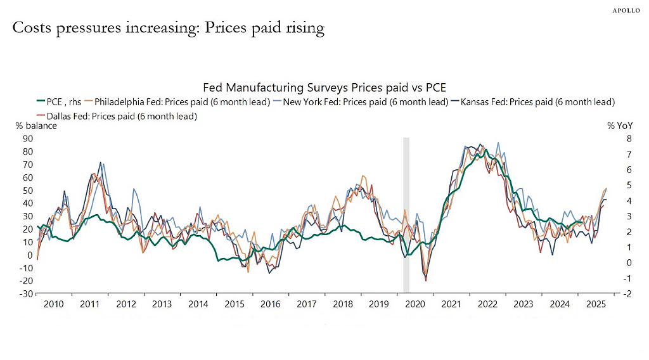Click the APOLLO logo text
626,10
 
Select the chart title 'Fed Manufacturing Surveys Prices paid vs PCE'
324,87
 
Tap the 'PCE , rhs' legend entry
59,102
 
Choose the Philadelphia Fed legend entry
177,102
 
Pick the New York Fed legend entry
361,102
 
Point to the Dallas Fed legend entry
117,116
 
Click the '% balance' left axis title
36,125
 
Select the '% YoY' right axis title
620,125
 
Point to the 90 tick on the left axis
28,139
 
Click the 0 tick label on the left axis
30,255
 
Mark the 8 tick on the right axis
629,139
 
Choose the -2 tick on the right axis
627,294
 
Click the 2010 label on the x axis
53,304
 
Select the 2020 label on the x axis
414,304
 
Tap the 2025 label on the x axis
596,304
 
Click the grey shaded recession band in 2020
406,215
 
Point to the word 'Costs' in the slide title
32,28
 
